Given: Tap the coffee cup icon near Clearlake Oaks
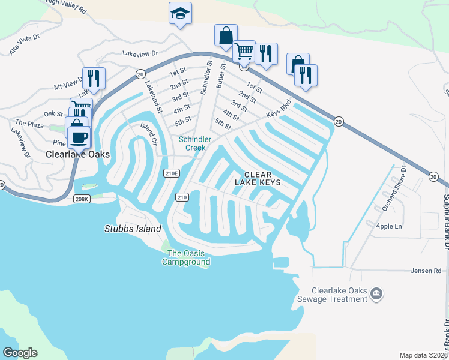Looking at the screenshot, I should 79,137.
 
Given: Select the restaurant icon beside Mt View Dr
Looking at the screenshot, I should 94,78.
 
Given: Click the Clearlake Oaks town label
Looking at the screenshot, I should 78,154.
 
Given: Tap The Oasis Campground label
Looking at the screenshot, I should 188,257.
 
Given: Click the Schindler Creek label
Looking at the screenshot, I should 196,143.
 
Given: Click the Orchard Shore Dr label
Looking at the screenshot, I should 394,188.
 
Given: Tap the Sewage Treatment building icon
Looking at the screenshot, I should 376,293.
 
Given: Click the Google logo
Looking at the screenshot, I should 20,353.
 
